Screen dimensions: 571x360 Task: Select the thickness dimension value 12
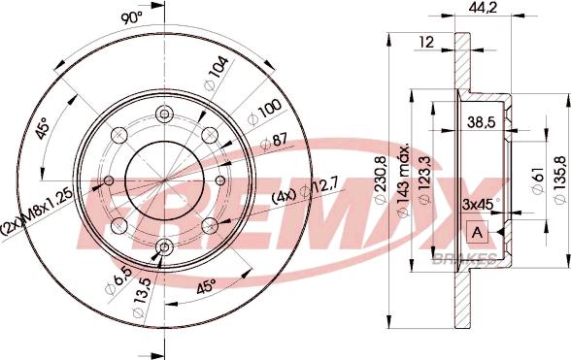pos(426,43)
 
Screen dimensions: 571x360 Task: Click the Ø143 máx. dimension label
pos(404,180)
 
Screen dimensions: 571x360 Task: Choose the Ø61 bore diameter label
pos(538,180)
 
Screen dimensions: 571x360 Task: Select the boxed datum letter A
pos(477,232)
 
